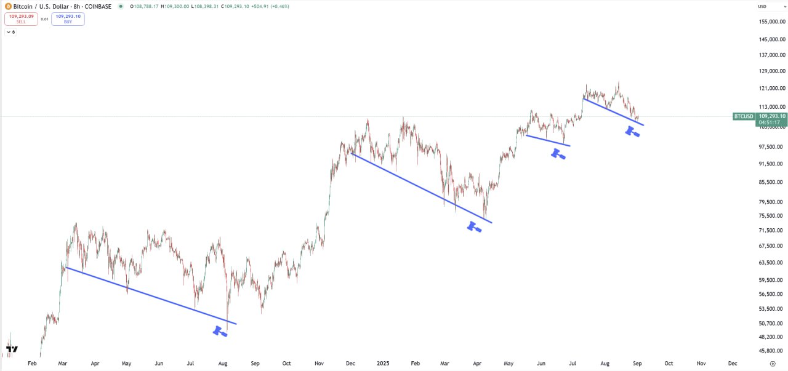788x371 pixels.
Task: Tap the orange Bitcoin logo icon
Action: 8,6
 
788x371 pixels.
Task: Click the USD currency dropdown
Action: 762,6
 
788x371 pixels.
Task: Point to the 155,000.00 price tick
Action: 772,22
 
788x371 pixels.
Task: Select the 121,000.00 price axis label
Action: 772,88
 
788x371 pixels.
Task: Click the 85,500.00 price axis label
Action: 772,182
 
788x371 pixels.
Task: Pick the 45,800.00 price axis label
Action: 772,351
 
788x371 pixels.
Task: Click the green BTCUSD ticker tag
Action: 744,116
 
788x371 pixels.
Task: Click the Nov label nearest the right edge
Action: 701,364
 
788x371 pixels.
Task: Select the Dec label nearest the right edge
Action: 733,364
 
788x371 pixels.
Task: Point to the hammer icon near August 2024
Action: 220,331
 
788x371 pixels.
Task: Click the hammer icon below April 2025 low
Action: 473,226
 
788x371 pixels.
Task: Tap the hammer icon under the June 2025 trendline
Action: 558,153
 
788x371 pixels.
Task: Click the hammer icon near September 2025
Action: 632,131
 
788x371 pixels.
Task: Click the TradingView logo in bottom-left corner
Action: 11,349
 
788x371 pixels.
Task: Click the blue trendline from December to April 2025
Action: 422,188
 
